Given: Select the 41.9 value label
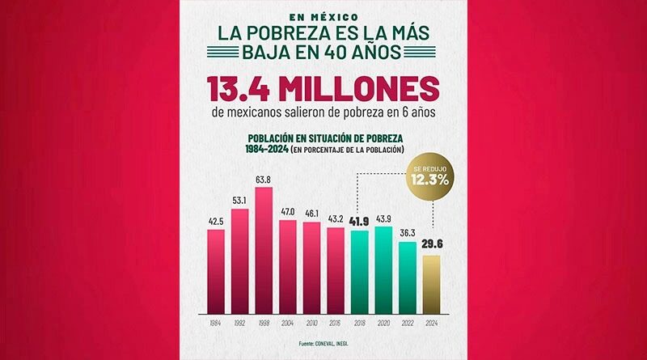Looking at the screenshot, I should point(360,221).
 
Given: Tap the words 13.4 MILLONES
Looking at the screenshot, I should point(323,88).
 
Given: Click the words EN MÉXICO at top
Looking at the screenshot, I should point(323,16).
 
